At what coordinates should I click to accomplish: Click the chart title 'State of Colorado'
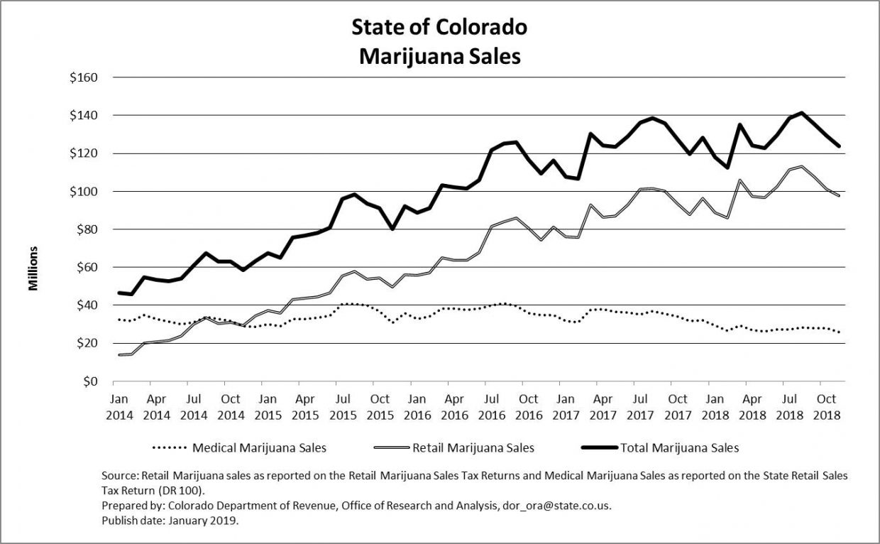click(x=439, y=28)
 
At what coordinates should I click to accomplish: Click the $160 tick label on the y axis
click(x=84, y=77)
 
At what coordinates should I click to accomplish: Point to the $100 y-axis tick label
click(x=84, y=192)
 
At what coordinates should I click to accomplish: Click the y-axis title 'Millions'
click(x=33, y=268)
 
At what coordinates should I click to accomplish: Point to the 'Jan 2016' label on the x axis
click(x=417, y=406)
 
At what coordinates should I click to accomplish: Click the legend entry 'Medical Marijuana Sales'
click(x=259, y=448)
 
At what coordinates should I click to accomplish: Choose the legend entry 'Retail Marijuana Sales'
click(x=474, y=448)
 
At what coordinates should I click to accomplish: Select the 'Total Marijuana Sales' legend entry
click(x=680, y=448)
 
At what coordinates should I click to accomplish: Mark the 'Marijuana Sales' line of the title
click(x=439, y=56)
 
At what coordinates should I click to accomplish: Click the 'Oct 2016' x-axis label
click(x=528, y=406)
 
